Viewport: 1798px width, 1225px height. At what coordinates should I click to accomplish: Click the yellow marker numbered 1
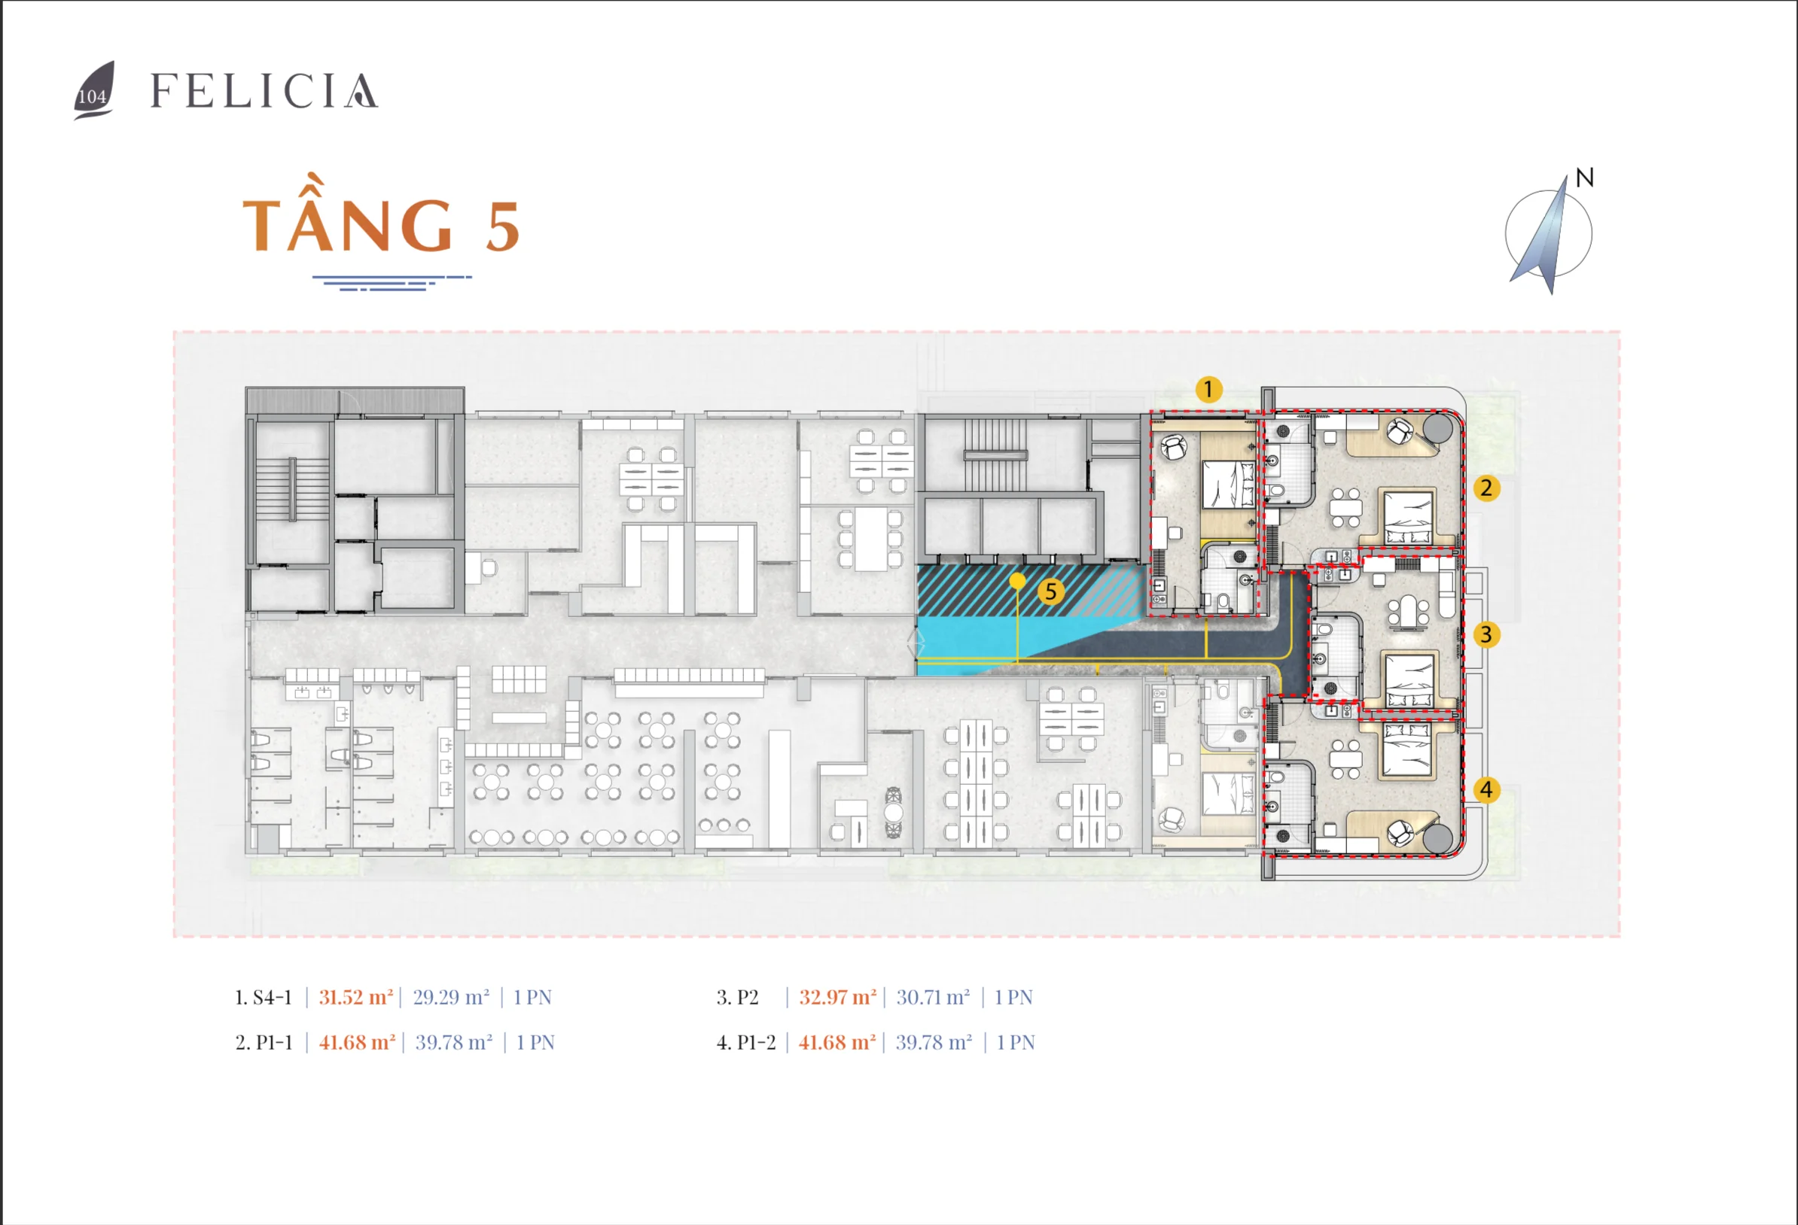point(1208,389)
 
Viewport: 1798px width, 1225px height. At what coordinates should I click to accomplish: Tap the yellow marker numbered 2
point(1486,488)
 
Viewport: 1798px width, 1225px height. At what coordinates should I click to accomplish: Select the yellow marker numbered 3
point(1486,635)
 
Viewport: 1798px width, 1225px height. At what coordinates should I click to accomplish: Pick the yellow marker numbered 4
point(1486,789)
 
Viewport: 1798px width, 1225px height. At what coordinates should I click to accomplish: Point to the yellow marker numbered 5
point(1050,591)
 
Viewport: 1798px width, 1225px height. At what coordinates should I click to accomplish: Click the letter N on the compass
point(1584,178)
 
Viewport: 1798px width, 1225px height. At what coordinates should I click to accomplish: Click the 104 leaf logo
point(94,91)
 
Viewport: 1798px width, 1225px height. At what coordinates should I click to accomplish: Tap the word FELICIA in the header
point(264,91)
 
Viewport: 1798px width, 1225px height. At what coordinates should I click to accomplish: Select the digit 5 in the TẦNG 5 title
point(502,226)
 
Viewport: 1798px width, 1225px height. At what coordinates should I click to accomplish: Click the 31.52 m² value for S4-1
point(356,998)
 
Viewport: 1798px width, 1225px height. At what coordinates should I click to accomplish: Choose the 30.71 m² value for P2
point(933,998)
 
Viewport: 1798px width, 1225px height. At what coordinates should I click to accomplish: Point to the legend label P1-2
point(756,1042)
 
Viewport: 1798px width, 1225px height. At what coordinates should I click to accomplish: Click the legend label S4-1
point(273,998)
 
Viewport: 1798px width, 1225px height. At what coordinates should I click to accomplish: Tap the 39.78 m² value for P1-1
point(453,1042)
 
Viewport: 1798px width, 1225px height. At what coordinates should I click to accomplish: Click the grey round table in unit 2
point(1437,427)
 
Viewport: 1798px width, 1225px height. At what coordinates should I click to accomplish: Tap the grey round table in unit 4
point(1437,838)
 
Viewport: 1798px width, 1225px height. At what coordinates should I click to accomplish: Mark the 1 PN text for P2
point(1013,998)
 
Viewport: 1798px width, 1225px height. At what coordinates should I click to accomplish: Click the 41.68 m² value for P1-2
point(837,1042)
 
